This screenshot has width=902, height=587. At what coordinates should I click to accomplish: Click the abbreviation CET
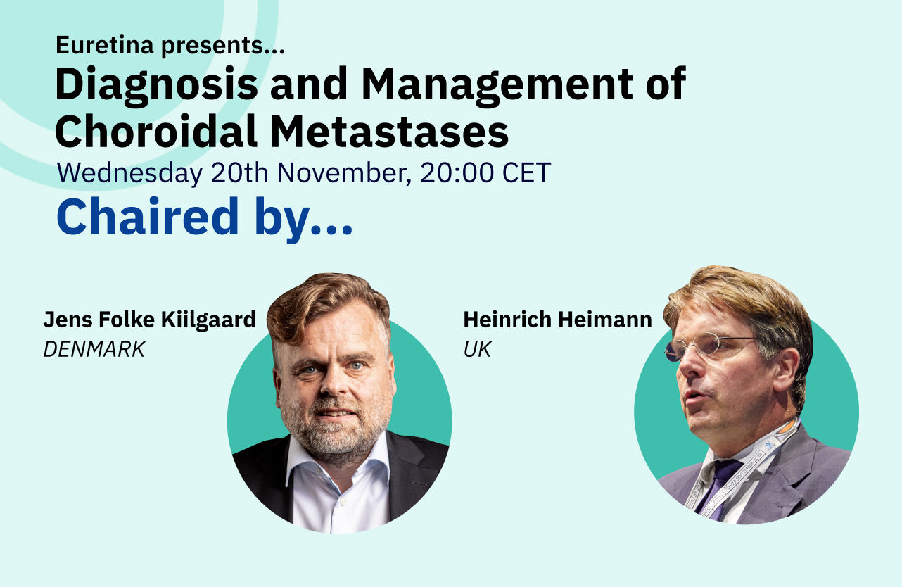[527, 173]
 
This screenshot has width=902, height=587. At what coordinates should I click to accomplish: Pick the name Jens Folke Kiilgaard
[150, 320]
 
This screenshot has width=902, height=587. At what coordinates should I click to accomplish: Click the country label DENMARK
[94, 349]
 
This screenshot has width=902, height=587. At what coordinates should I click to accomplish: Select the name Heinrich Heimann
[557, 320]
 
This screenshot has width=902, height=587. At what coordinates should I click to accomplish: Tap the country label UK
[477, 349]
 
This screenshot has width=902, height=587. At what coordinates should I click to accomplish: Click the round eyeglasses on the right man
[704, 347]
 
